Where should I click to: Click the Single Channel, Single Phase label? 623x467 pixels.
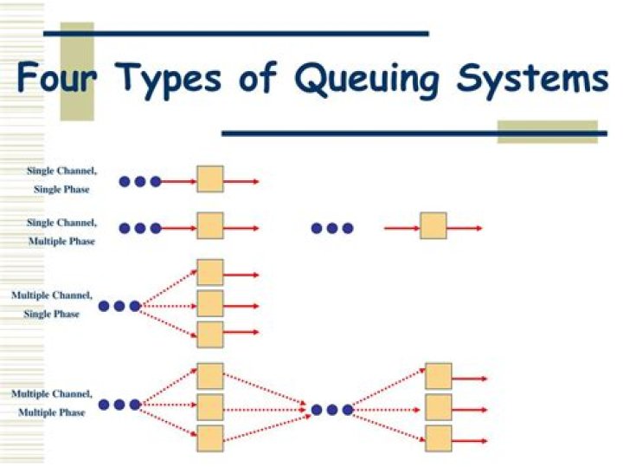point(61,180)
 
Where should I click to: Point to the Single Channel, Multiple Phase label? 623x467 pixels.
point(61,231)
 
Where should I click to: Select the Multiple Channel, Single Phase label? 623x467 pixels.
point(52,304)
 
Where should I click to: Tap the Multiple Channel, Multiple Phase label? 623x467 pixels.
point(52,403)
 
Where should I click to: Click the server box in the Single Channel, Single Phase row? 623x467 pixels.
point(210,179)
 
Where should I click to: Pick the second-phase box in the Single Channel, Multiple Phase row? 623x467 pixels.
point(434,226)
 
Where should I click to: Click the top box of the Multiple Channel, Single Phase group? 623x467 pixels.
point(210,273)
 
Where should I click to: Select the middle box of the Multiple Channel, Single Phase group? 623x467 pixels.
point(210,304)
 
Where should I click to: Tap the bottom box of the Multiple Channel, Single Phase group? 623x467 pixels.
point(210,334)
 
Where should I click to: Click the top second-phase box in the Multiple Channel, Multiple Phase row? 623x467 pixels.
point(439,377)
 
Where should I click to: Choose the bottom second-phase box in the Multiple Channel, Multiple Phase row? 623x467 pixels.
point(439,438)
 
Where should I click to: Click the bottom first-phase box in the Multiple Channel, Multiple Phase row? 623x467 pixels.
point(210,438)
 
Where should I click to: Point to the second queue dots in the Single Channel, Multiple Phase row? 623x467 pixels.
point(332,228)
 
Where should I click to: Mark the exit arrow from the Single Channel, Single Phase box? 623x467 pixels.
point(242,181)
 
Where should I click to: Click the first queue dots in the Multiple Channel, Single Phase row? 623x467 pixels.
point(119,306)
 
